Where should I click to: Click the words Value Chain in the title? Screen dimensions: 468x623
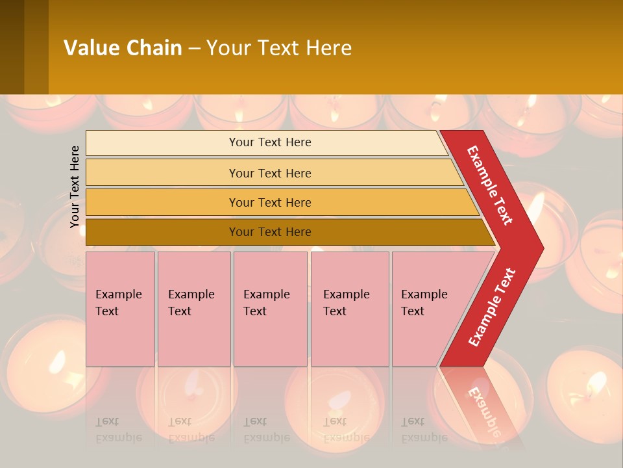[123, 47]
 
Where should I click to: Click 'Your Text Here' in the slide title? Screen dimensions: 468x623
[279, 47]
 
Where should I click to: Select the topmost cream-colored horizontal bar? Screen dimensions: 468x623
[162, 143]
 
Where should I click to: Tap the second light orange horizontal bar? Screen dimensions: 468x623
[162, 173]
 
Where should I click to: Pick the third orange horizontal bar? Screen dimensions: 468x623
[162, 202]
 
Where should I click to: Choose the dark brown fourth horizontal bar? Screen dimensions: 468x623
[162, 232]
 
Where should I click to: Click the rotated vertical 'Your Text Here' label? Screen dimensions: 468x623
[75, 187]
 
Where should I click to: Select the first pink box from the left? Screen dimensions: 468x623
[120, 309]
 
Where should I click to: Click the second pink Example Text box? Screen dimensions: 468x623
[193, 309]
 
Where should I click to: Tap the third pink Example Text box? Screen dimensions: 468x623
[270, 309]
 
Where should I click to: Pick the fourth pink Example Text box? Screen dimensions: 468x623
[349, 309]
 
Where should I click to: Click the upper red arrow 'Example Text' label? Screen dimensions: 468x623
[490, 185]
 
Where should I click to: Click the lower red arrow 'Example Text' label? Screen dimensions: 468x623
[492, 307]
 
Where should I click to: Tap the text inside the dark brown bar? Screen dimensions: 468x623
[270, 232]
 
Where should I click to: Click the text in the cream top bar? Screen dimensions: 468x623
[270, 142]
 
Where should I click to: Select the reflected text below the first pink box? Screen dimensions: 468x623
[118, 429]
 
